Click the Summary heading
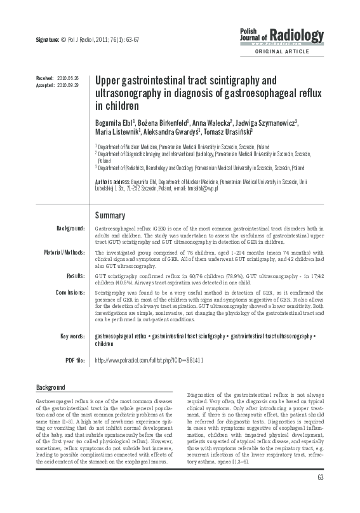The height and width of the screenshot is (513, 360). pos(110,215)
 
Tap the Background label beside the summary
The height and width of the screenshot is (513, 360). pos(70,227)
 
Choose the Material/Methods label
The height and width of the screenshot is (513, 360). pos(63,252)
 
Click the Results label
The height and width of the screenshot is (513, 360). pos(75,276)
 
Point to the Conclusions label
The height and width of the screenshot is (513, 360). pos(67,293)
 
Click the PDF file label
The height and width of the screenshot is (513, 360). pos(74,360)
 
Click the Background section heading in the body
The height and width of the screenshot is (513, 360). pos(51,387)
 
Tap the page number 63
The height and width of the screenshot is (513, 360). pos(321,495)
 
